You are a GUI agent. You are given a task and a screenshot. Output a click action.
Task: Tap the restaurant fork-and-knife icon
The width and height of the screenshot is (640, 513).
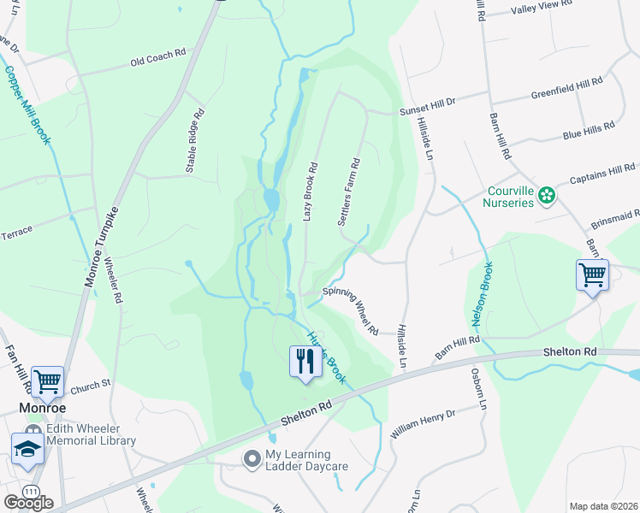305,361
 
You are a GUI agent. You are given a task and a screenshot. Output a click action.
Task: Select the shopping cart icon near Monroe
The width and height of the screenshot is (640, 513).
47,382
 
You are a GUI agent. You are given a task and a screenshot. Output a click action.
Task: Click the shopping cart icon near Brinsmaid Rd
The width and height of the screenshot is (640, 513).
592,275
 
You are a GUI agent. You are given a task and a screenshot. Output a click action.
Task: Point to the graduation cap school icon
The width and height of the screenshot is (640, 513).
27,448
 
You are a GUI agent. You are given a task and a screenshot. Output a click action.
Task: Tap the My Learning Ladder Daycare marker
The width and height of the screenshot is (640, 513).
252,460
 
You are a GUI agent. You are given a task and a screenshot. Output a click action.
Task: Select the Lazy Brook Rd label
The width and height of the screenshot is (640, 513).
311,192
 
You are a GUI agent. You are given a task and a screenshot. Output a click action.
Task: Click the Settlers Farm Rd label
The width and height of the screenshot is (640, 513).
349,192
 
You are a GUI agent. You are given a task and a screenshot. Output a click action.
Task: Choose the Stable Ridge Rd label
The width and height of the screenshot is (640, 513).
196,141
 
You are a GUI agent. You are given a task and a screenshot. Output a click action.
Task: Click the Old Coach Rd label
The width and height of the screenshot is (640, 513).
157,57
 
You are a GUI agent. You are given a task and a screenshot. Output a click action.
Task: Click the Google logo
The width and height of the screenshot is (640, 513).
28,503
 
